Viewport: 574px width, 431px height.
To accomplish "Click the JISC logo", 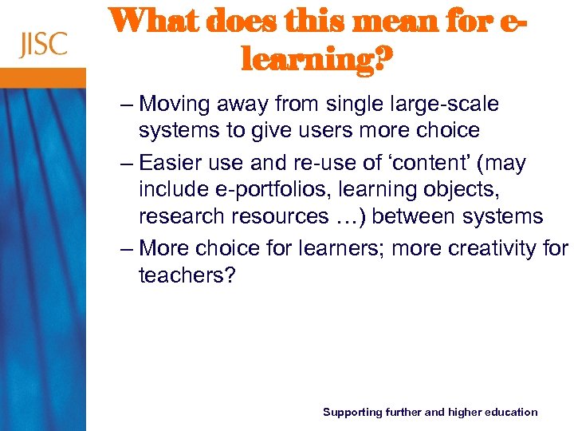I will tap(43, 43).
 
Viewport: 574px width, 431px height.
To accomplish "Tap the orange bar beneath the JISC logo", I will tap(43, 77).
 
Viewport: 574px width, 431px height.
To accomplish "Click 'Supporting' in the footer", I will tap(352, 412).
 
